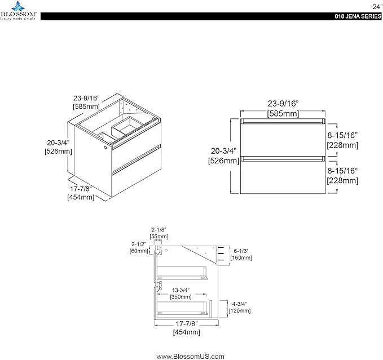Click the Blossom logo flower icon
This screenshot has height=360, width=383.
point(19,6)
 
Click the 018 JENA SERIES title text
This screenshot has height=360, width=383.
point(358,16)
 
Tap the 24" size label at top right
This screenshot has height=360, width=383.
point(377,7)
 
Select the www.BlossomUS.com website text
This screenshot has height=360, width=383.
point(190,357)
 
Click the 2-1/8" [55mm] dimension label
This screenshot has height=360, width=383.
point(159,233)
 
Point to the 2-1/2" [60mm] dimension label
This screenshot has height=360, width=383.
point(139,247)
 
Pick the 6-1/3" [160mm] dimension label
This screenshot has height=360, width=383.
point(241,255)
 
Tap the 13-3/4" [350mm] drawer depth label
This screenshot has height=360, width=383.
point(181,294)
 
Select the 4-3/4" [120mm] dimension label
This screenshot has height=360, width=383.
point(240,307)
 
